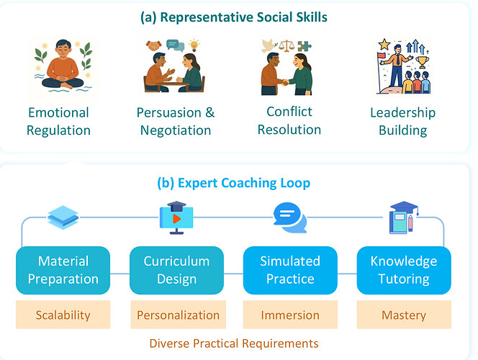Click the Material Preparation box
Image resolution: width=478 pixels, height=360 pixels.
63,270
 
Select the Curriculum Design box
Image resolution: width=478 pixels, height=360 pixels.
176,270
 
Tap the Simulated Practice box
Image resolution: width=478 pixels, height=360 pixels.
290,270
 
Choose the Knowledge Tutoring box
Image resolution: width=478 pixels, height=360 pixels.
404,270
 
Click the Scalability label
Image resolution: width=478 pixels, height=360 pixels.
63,315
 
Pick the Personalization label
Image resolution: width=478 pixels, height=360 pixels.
179,315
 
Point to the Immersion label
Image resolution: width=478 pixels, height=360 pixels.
290,315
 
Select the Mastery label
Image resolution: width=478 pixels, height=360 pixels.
404,315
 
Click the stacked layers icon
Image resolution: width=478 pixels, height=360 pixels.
63,217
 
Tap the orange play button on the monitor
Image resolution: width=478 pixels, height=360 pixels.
176,219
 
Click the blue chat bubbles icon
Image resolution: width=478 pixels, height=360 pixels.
290,217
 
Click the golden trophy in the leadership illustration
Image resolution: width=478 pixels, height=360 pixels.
423,62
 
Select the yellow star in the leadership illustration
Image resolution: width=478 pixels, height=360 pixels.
384,45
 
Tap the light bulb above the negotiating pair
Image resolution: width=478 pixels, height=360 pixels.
194,45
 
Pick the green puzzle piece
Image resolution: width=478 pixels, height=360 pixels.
305,46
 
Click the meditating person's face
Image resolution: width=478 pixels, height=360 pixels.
63,50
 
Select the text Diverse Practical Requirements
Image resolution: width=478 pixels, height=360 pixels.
234,343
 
